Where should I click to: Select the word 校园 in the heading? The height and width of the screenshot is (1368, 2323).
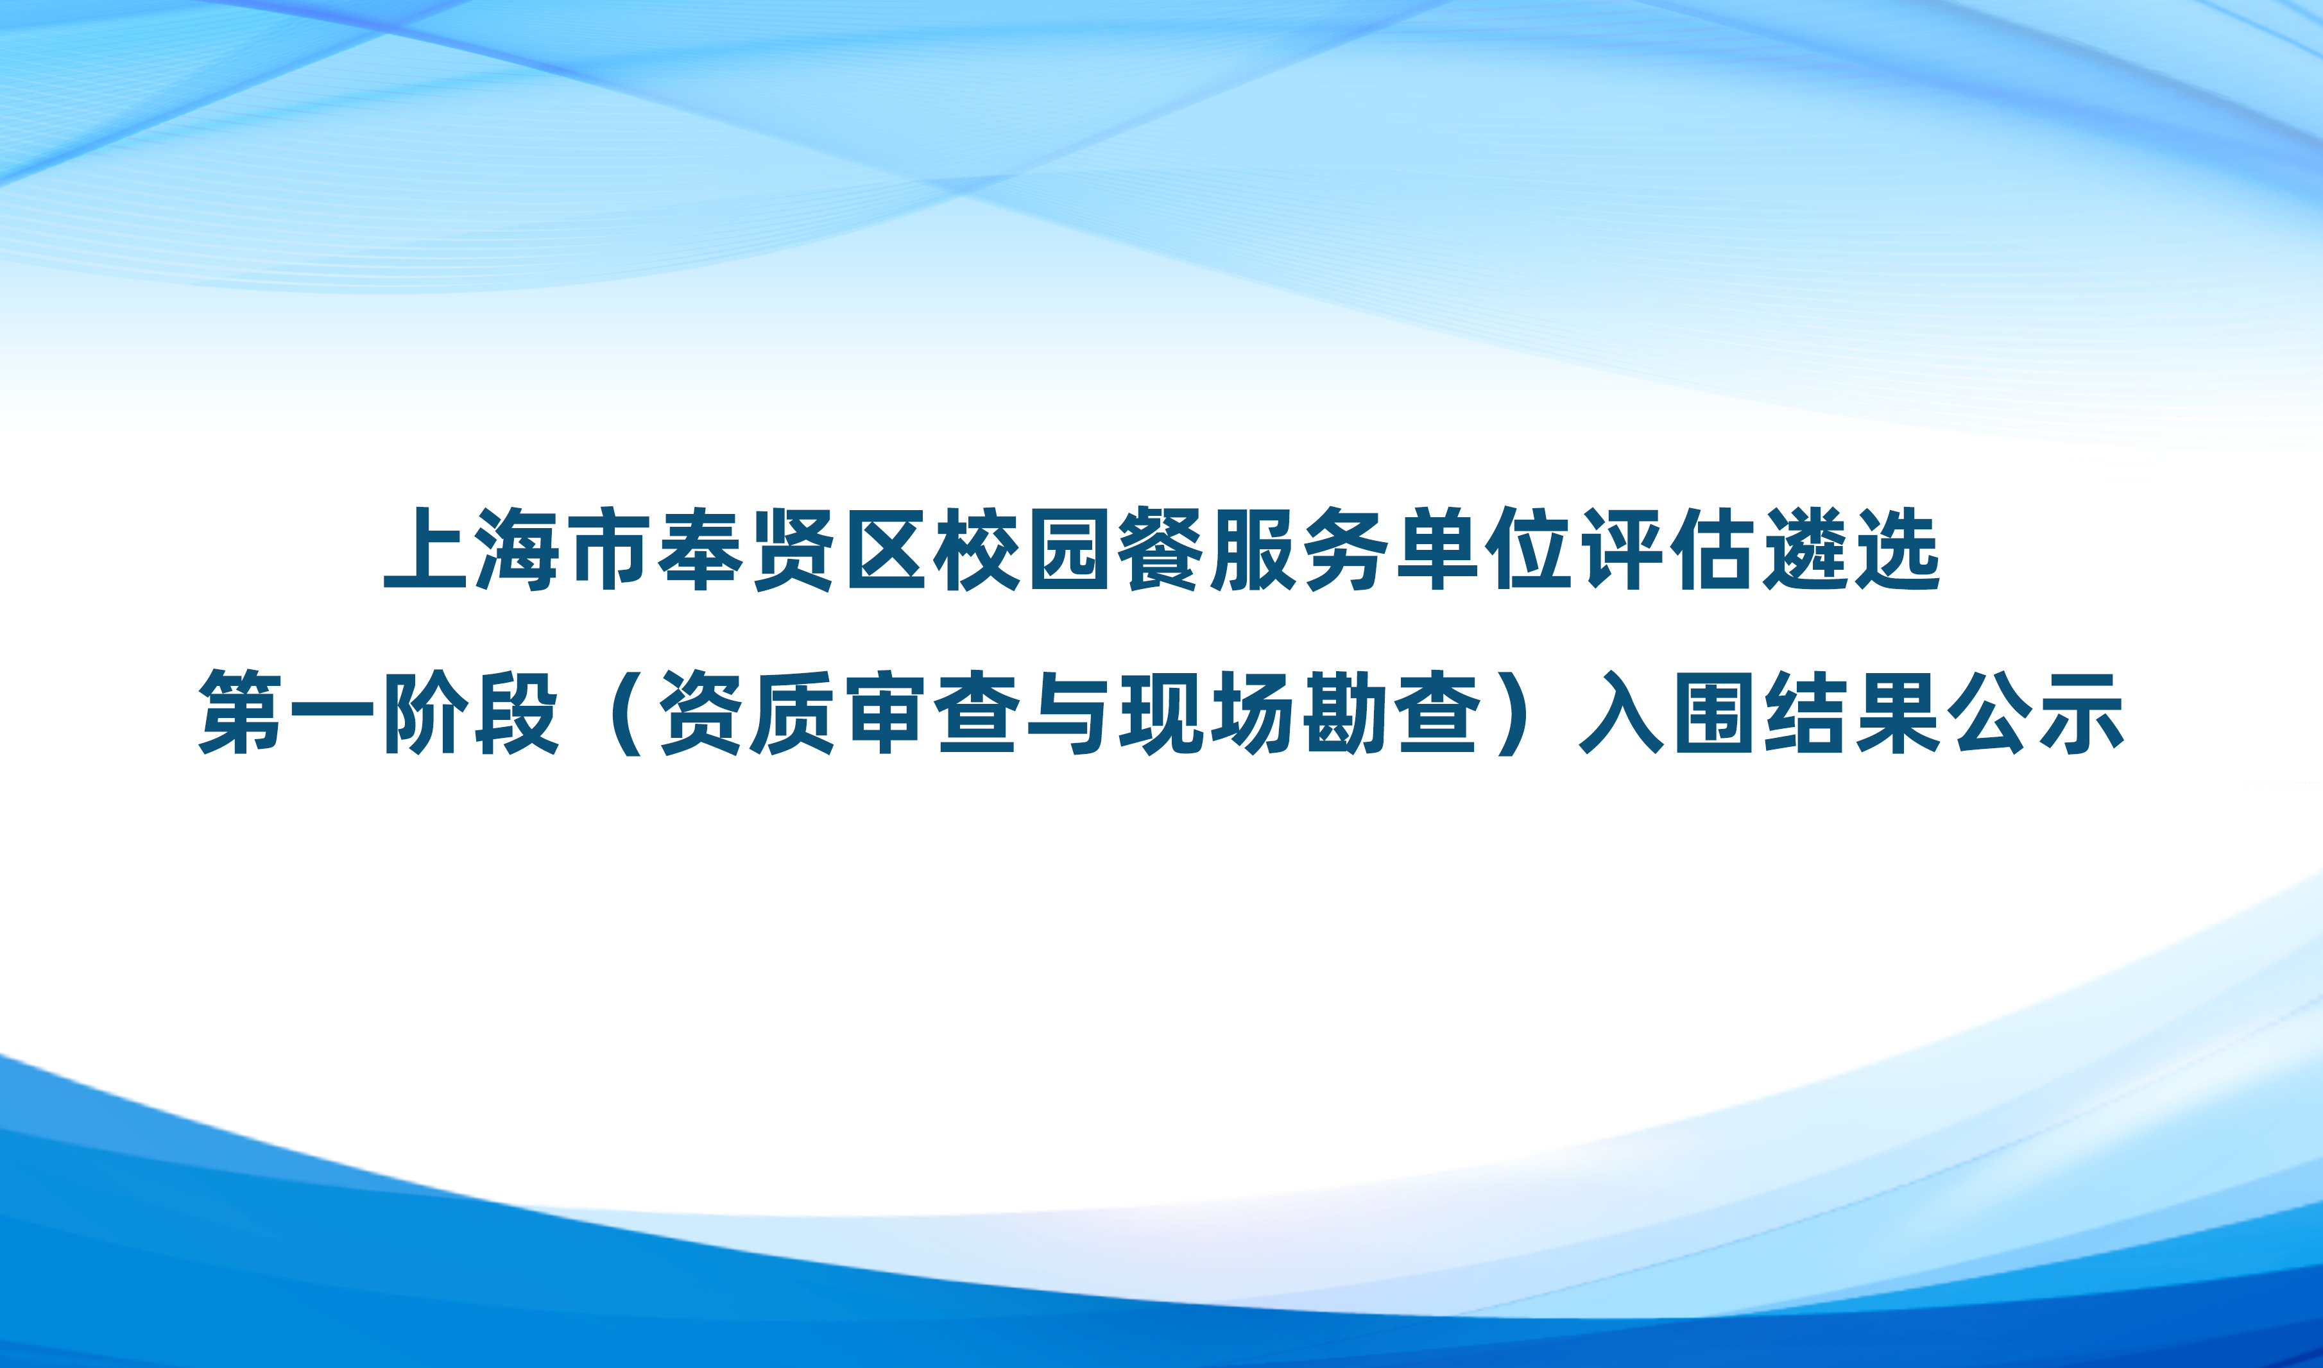tap(1022, 549)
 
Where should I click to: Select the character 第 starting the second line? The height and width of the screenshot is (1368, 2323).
tap(241, 713)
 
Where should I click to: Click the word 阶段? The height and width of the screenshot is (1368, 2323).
tap(471, 713)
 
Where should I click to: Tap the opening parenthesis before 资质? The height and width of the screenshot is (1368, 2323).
tap(627, 713)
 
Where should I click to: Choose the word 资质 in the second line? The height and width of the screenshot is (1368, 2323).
tap(747, 713)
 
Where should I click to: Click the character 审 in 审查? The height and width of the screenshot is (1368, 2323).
tap(885, 713)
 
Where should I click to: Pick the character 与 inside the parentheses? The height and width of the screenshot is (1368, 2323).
tap(1069, 713)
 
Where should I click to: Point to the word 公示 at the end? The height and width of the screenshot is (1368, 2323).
tap(2036, 713)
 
